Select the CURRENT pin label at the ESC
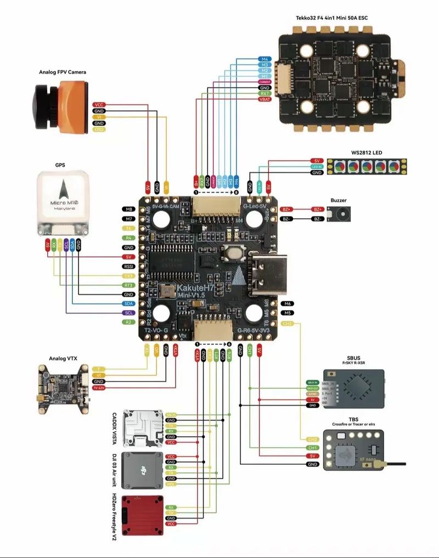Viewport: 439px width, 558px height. pyautogui.click(x=264, y=82)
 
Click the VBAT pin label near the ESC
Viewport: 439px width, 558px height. pyautogui.click(x=264, y=99)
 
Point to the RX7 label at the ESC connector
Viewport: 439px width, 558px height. pyautogui.click(x=264, y=93)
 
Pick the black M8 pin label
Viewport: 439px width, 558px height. pyautogui.click(x=129, y=209)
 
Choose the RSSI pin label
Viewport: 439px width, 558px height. pyautogui.click(x=129, y=266)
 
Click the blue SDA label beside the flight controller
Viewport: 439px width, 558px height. pyautogui.click(x=129, y=304)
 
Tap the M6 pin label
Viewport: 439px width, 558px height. pyautogui.click(x=286, y=304)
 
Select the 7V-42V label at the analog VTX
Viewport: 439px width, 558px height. pyautogui.click(x=99, y=388)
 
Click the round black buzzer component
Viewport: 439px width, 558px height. pyautogui.click(x=341, y=214)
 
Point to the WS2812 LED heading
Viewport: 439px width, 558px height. pyautogui.click(x=367, y=152)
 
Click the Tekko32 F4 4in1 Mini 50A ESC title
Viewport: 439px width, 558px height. pyautogui.click(x=331, y=18)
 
